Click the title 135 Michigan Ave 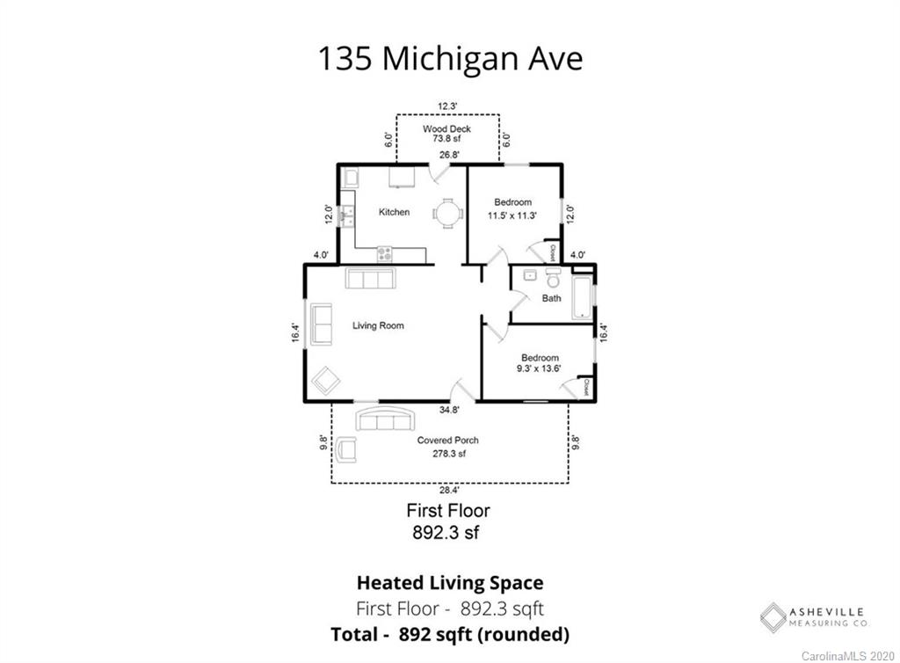coord(451,59)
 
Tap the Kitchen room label coord(395,212)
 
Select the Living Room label coord(378,325)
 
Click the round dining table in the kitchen coord(447,214)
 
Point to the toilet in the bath coord(554,278)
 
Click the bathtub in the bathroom coord(582,297)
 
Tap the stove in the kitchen coord(385,254)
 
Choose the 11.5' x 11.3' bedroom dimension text coord(512,215)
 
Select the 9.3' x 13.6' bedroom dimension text coord(539,368)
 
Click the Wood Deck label coord(447,128)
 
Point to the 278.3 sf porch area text coord(449,454)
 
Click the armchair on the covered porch coord(346,449)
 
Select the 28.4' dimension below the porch coord(449,491)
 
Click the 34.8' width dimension coord(449,410)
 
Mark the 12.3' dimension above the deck coord(447,106)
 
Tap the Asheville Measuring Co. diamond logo coord(773,617)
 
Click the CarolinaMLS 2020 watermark coord(848,656)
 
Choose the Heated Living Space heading coord(450,583)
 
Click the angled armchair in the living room coord(326,381)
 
